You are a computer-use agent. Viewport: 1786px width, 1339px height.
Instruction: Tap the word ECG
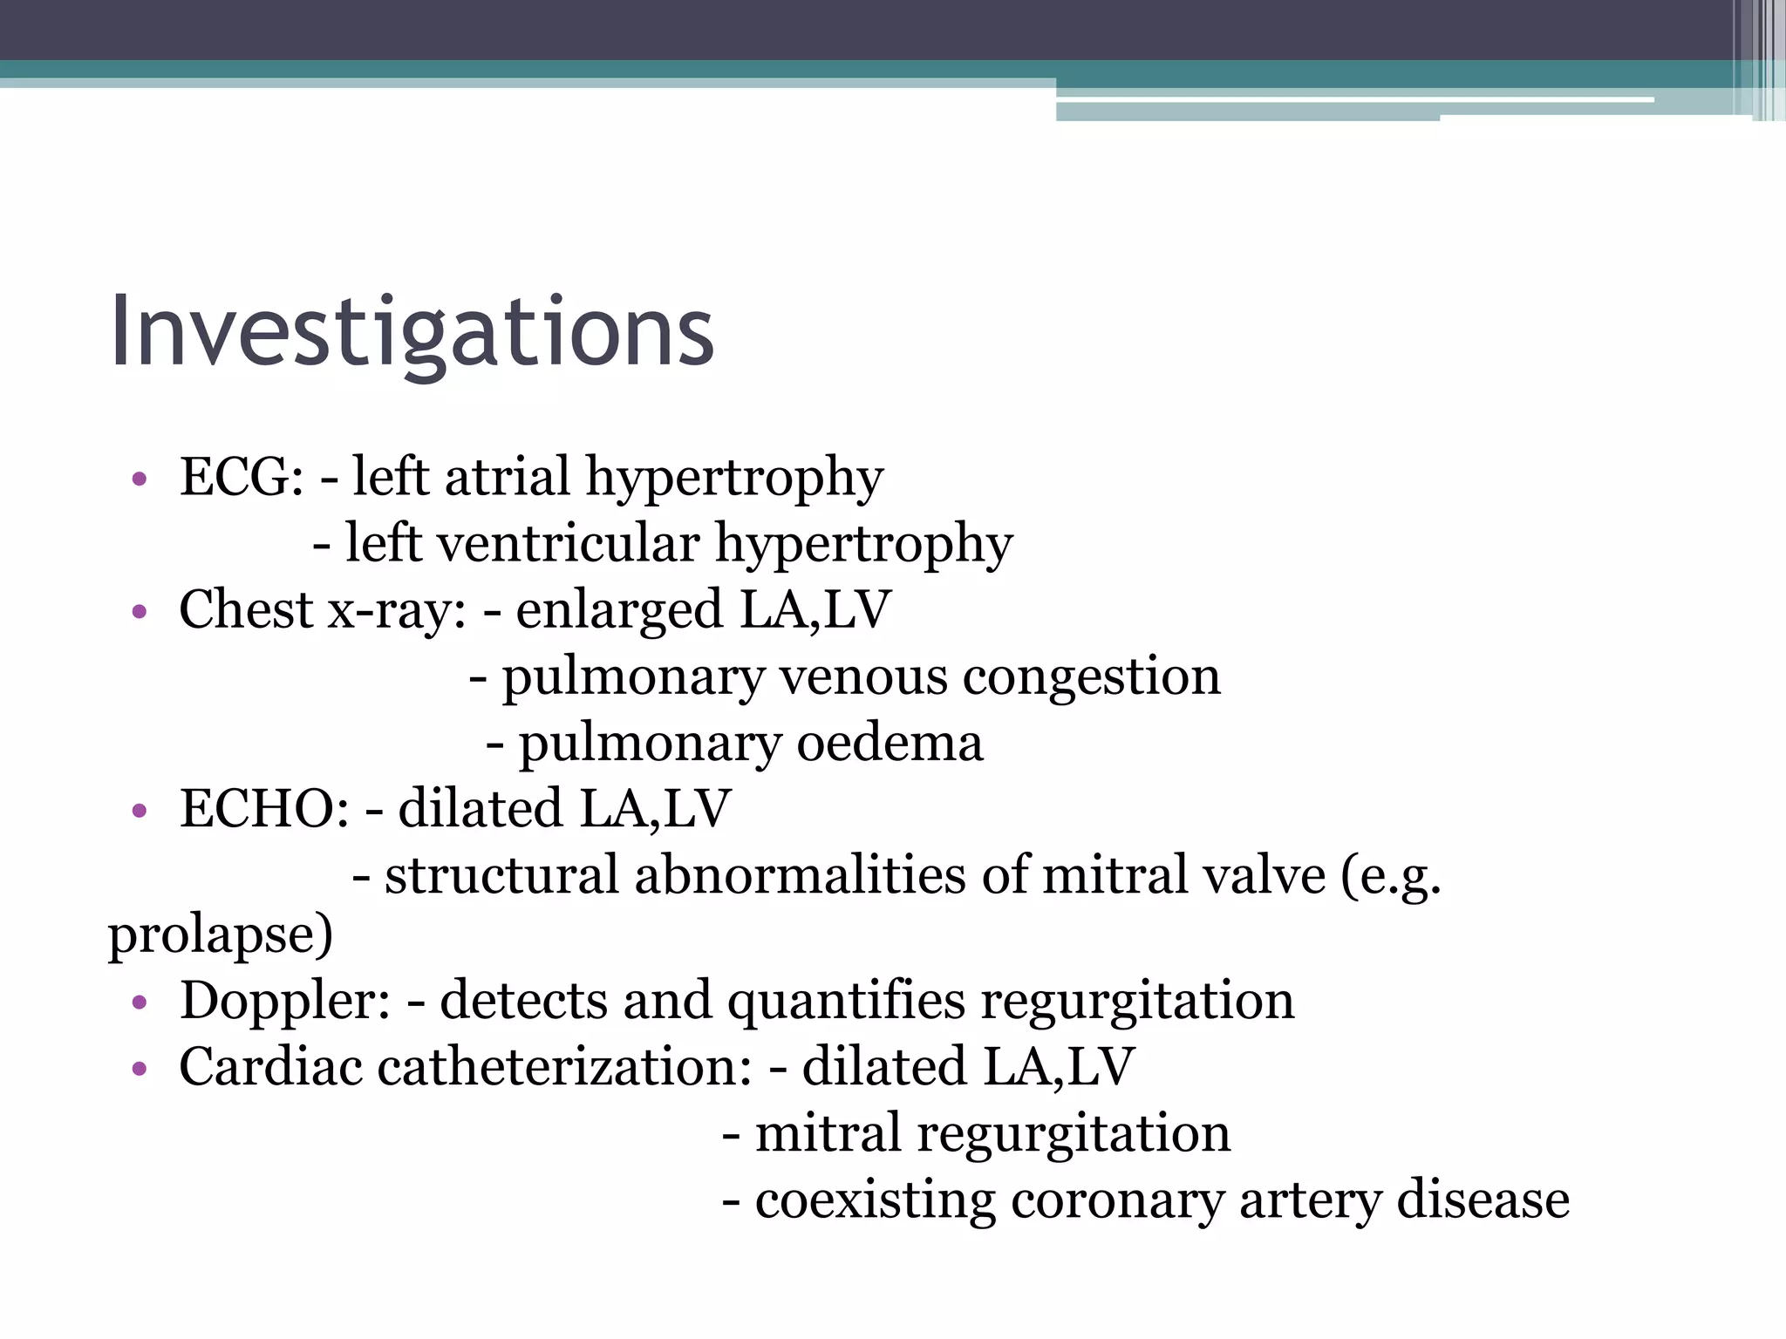coord(241,477)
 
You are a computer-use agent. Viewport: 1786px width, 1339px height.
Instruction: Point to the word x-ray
coord(396,609)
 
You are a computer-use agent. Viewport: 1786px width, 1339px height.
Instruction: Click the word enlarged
coord(619,611)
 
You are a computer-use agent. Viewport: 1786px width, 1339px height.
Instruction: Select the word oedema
coord(890,743)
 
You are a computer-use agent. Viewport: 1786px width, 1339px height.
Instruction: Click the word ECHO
coord(263,808)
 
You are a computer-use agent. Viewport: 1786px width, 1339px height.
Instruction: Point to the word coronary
coord(1117,1201)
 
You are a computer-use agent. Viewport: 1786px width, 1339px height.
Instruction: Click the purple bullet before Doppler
coord(138,1003)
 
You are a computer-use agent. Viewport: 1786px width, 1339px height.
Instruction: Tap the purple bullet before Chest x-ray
coord(138,612)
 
